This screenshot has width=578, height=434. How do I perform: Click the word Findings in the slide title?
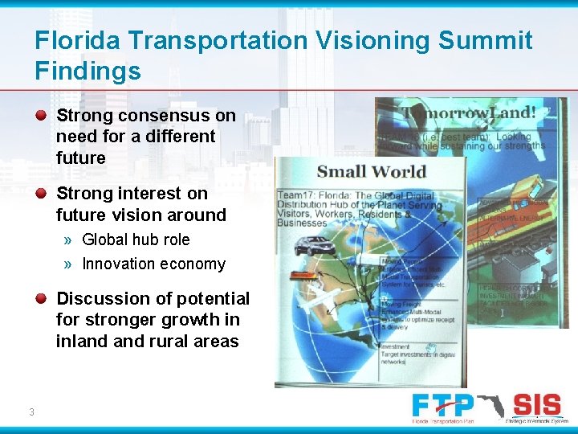click(x=88, y=71)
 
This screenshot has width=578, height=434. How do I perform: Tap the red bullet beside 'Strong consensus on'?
click(x=41, y=115)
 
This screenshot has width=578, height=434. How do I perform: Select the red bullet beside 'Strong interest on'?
click(x=41, y=193)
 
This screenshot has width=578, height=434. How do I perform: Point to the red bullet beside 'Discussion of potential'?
click(x=41, y=298)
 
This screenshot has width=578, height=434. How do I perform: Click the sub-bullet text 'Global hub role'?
click(x=136, y=240)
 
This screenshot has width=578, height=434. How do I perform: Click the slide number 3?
click(x=31, y=412)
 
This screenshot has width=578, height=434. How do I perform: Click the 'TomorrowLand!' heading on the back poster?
click(x=470, y=113)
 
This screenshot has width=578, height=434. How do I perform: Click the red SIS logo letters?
click(x=536, y=403)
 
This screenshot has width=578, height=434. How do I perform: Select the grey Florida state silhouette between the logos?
click(x=490, y=405)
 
